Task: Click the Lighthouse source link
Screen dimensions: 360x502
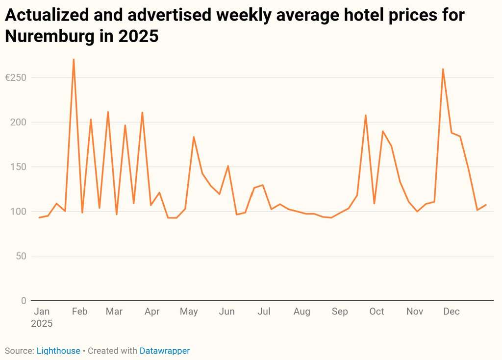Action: pos(58,351)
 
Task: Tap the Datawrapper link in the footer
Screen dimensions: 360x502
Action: pos(164,351)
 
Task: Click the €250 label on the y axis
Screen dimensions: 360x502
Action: pos(15,78)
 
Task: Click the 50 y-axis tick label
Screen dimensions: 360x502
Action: pos(21,256)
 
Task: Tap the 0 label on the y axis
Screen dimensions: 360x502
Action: pos(24,301)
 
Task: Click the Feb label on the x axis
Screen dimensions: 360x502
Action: pos(79,312)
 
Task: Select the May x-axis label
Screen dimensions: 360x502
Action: pos(189,312)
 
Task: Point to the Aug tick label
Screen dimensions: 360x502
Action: pos(302,312)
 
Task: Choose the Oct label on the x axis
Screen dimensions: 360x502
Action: pos(376,312)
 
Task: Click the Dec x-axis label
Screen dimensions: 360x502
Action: pos(452,312)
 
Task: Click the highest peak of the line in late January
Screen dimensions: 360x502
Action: pos(74,59)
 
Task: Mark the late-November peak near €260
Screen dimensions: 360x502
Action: pos(443,69)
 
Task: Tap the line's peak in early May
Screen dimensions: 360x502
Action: pos(194,137)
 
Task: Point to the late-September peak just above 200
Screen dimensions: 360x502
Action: pos(366,115)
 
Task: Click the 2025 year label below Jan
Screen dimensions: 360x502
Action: pos(42,323)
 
